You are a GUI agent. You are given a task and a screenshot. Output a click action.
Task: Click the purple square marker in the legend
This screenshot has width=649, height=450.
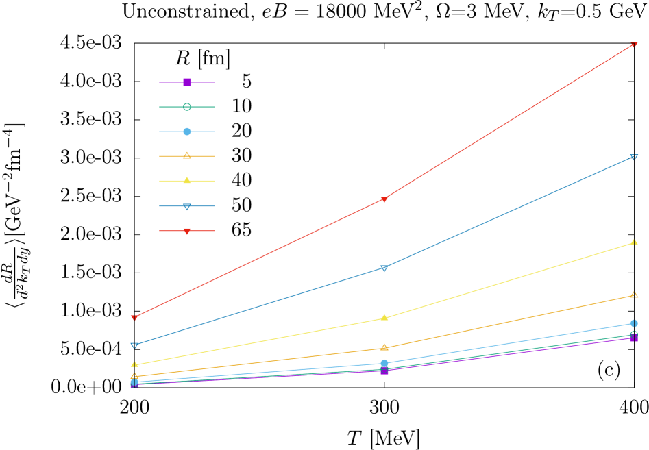pos(187,82)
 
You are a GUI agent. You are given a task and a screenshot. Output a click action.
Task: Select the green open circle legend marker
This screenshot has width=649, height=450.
pos(187,107)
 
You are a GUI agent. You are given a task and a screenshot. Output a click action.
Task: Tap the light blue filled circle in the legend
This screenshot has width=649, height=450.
pos(187,132)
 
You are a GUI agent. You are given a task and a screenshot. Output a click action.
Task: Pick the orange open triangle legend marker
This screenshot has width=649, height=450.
pos(187,155)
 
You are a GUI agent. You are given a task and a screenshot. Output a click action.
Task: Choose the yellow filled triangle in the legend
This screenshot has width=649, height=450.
pos(187,181)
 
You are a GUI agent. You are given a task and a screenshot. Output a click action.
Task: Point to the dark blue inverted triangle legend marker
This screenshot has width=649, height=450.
pos(187,206)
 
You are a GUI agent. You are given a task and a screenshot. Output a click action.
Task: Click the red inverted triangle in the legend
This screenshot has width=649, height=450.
pos(187,231)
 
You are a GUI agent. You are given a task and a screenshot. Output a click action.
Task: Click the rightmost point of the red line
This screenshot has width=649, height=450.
pos(634,45)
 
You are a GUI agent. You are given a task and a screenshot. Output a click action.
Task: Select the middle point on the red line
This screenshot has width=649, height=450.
pos(384,199)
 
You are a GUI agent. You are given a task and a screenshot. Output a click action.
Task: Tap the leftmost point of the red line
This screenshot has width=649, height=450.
pos(134,318)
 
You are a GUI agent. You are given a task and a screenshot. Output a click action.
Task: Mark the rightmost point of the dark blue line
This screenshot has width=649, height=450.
pos(634,157)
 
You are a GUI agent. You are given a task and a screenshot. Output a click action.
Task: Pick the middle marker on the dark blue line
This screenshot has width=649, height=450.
pos(384,268)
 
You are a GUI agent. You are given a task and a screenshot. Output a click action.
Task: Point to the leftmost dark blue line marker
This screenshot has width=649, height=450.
pos(134,345)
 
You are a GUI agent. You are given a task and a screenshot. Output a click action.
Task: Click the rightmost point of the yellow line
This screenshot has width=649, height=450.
pos(634,242)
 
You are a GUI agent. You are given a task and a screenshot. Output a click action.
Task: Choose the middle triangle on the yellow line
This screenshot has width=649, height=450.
pos(384,317)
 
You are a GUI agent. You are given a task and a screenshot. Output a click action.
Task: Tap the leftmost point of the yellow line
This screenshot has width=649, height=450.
pos(134,364)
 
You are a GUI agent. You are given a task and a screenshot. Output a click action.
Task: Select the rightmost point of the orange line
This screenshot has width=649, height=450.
pos(634,295)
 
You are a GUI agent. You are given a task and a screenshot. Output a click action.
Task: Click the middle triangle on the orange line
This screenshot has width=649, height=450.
pos(384,347)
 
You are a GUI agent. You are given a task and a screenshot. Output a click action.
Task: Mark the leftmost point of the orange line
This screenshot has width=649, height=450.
pos(134,376)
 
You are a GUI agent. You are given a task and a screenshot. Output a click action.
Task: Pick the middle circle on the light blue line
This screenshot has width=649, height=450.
pos(384,363)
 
